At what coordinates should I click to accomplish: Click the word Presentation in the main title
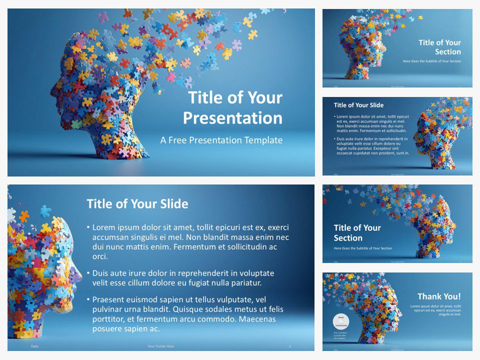coord(232,118)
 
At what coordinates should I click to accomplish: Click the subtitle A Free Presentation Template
coord(221,140)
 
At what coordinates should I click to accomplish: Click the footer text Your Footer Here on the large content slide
coord(161,346)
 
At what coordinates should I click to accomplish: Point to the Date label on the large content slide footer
coord(34,346)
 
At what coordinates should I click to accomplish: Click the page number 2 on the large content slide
coord(290,346)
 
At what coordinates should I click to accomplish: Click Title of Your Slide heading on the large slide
coord(137,204)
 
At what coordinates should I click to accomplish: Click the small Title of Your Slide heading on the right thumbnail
coord(358,105)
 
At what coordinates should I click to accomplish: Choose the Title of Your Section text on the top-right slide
coord(440,47)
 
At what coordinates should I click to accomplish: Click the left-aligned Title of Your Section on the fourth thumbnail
coord(357,232)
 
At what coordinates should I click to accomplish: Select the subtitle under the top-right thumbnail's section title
coord(432,61)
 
